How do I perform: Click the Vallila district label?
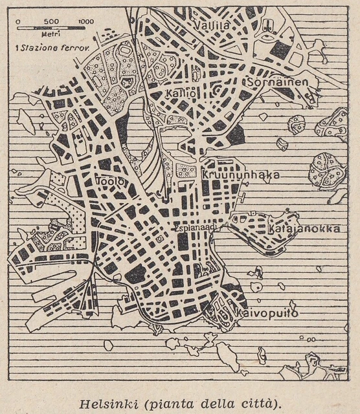point(214,25)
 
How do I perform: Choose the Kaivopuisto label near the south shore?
point(267,313)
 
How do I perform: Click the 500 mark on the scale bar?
point(51,21)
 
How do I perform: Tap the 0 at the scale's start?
point(18,21)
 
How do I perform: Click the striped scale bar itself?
point(51,29)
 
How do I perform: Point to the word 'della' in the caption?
point(214,403)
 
